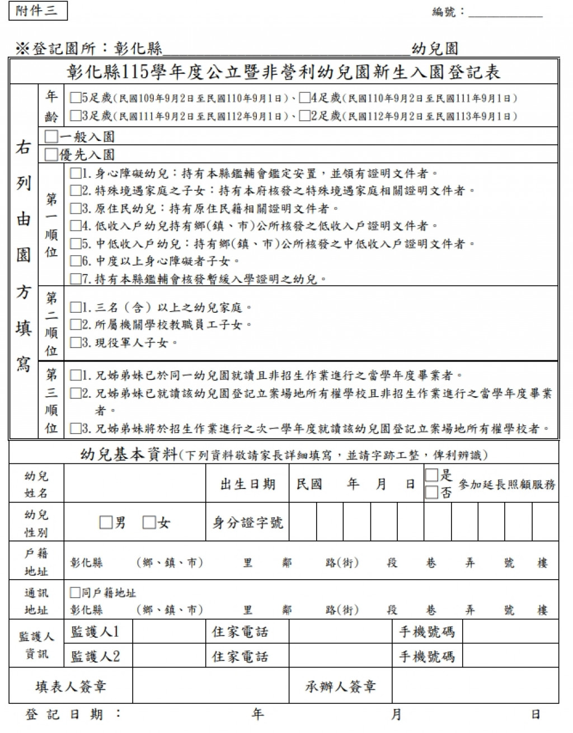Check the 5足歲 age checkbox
(75, 98)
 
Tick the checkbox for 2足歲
(304, 116)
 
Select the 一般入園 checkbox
(51, 137)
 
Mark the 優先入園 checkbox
(51, 154)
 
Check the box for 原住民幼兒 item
(76, 209)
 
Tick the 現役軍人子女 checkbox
(76, 342)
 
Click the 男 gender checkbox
(106, 523)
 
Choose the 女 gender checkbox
(149, 523)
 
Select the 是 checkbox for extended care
(431, 476)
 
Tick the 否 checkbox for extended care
(431, 492)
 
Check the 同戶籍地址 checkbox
(75, 593)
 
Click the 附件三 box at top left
(38, 11)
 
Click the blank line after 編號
(505, 12)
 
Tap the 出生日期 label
(248, 484)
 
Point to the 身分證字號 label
(248, 523)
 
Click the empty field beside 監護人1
(168, 632)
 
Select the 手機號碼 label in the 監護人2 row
(426, 656)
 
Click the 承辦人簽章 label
(340, 687)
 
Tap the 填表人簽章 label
(71, 687)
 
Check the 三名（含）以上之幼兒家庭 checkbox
(76, 307)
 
